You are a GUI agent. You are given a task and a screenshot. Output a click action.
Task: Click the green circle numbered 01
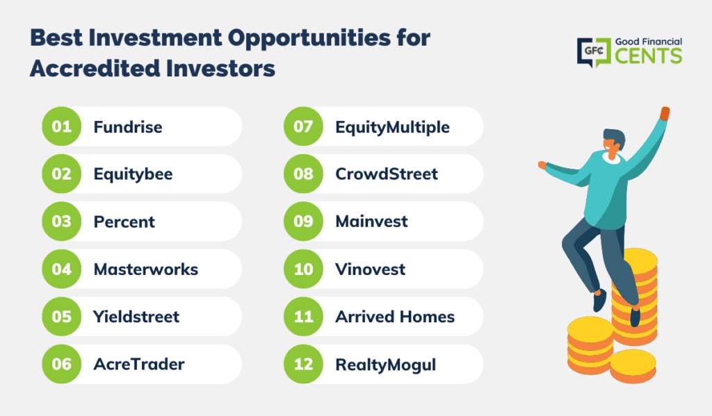pos(62,126)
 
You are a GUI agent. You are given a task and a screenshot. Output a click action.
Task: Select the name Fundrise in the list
pos(128,127)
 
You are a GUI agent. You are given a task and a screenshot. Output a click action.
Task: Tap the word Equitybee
pos(133,174)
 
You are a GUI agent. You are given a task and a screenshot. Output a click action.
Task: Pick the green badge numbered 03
pos(62,222)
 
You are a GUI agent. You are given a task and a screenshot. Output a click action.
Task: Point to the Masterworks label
pos(146,269)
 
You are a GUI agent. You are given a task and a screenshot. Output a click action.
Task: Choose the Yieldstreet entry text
pos(136,317)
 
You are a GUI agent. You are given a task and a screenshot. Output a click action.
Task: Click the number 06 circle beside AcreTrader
pos(62,364)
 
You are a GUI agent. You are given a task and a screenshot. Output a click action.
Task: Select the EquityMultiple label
pos(392,128)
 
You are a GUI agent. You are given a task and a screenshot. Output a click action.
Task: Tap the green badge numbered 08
pos(303,174)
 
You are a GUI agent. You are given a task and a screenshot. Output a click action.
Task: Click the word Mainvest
pos(371,222)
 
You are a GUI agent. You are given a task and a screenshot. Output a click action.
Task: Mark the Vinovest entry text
pos(370,269)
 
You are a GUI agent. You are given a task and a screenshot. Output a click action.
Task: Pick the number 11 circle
pos(303,316)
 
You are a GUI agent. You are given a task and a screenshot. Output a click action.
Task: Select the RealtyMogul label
pos(385,365)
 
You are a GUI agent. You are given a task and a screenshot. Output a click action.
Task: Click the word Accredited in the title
pos(95,69)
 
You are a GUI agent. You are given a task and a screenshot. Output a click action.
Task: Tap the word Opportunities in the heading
pos(309,39)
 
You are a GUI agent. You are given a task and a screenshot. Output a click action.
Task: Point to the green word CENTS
pos(649,56)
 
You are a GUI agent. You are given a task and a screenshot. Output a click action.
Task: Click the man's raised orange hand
pos(665,113)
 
